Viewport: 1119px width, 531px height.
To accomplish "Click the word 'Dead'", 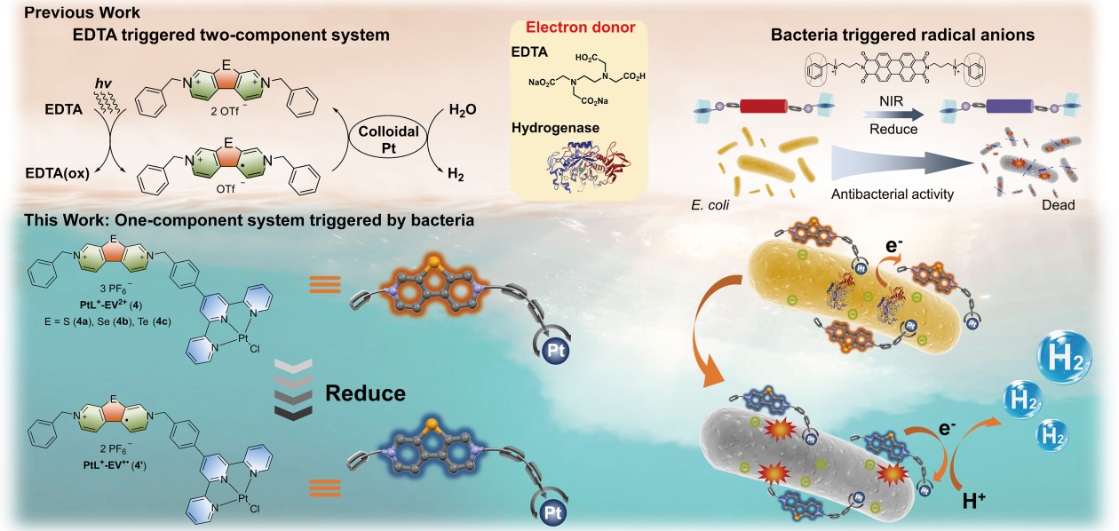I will (1058, 205).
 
